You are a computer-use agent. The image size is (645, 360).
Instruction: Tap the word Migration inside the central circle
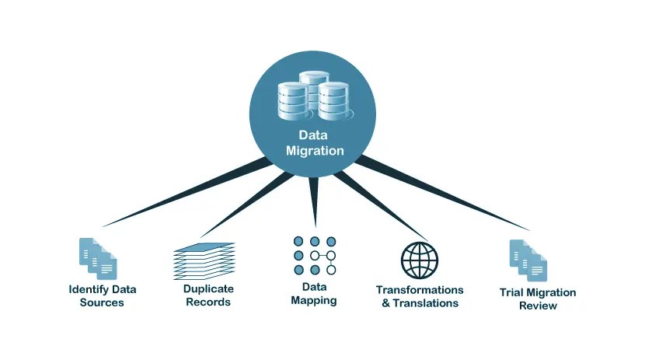[314, 150]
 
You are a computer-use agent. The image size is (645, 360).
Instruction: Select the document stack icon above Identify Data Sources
[99, 259]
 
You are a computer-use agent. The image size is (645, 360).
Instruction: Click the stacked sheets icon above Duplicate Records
[201, 260]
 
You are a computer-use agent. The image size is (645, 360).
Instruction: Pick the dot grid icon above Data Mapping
[314, 256]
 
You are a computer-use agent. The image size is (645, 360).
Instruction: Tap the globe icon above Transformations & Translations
[420, 260]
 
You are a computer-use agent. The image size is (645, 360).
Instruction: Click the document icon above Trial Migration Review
[529, 260]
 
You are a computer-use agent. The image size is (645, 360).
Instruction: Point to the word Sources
[102, 302]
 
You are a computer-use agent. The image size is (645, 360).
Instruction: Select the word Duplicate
[208, 288]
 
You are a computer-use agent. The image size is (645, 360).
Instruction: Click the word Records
[208, 302]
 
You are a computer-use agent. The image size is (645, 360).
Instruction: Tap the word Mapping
[314, 300]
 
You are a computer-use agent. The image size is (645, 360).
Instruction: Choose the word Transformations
[420, 290]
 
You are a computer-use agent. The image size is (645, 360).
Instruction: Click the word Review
[538, 306]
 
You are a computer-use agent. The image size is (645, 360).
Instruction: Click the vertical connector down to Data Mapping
[314, 198]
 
